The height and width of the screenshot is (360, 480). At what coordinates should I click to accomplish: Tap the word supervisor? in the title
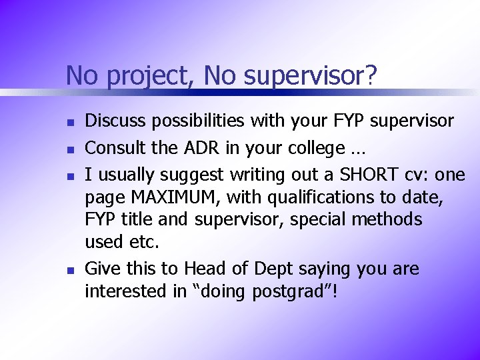[310, 76]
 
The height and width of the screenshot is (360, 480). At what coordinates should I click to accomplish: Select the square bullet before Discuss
[69, 122]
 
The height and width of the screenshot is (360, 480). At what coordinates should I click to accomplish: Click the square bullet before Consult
[69, 147]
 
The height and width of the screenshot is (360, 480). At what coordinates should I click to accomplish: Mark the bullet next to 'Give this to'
[69, 271]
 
